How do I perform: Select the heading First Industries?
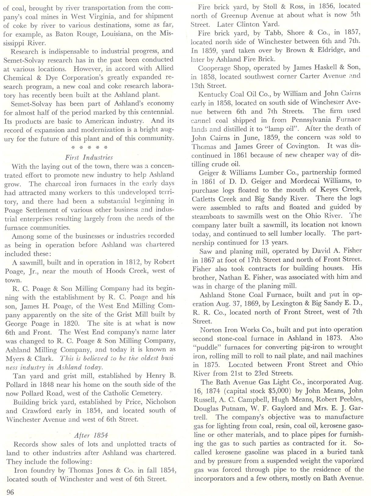(x=89, y=158)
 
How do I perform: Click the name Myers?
(x=15, y=359)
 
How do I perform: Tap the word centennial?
(x=154, y=112)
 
